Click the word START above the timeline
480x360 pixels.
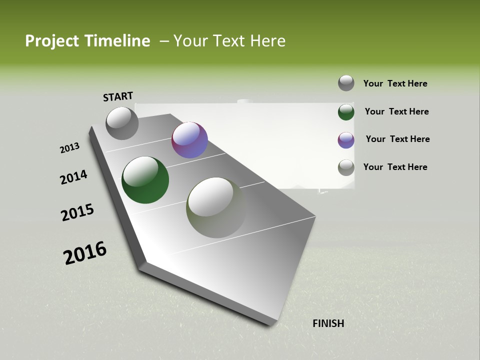coord(118,96)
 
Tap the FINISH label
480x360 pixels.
coord(328,323)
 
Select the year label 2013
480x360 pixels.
coord(69,148)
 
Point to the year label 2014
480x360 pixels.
coord(73,177)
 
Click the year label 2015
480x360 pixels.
coord(77,212)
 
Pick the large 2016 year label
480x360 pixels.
coord(84,253)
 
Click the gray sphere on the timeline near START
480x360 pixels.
coord(122,123)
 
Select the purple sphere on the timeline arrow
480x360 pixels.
coord(189,140)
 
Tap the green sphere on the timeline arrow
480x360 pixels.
coord(145,180)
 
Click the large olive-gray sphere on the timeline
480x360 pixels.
coord(216,207)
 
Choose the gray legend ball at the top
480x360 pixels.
coord(346,83)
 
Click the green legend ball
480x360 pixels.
coord(346,112)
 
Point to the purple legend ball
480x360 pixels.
coord(346,140)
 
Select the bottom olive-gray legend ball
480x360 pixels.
coord(346,167)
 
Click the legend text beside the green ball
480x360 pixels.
coord(396,111)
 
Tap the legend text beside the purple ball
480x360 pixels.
coord(397,139)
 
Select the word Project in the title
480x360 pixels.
coord(50,41)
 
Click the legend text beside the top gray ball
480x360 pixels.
coord(395,83)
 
